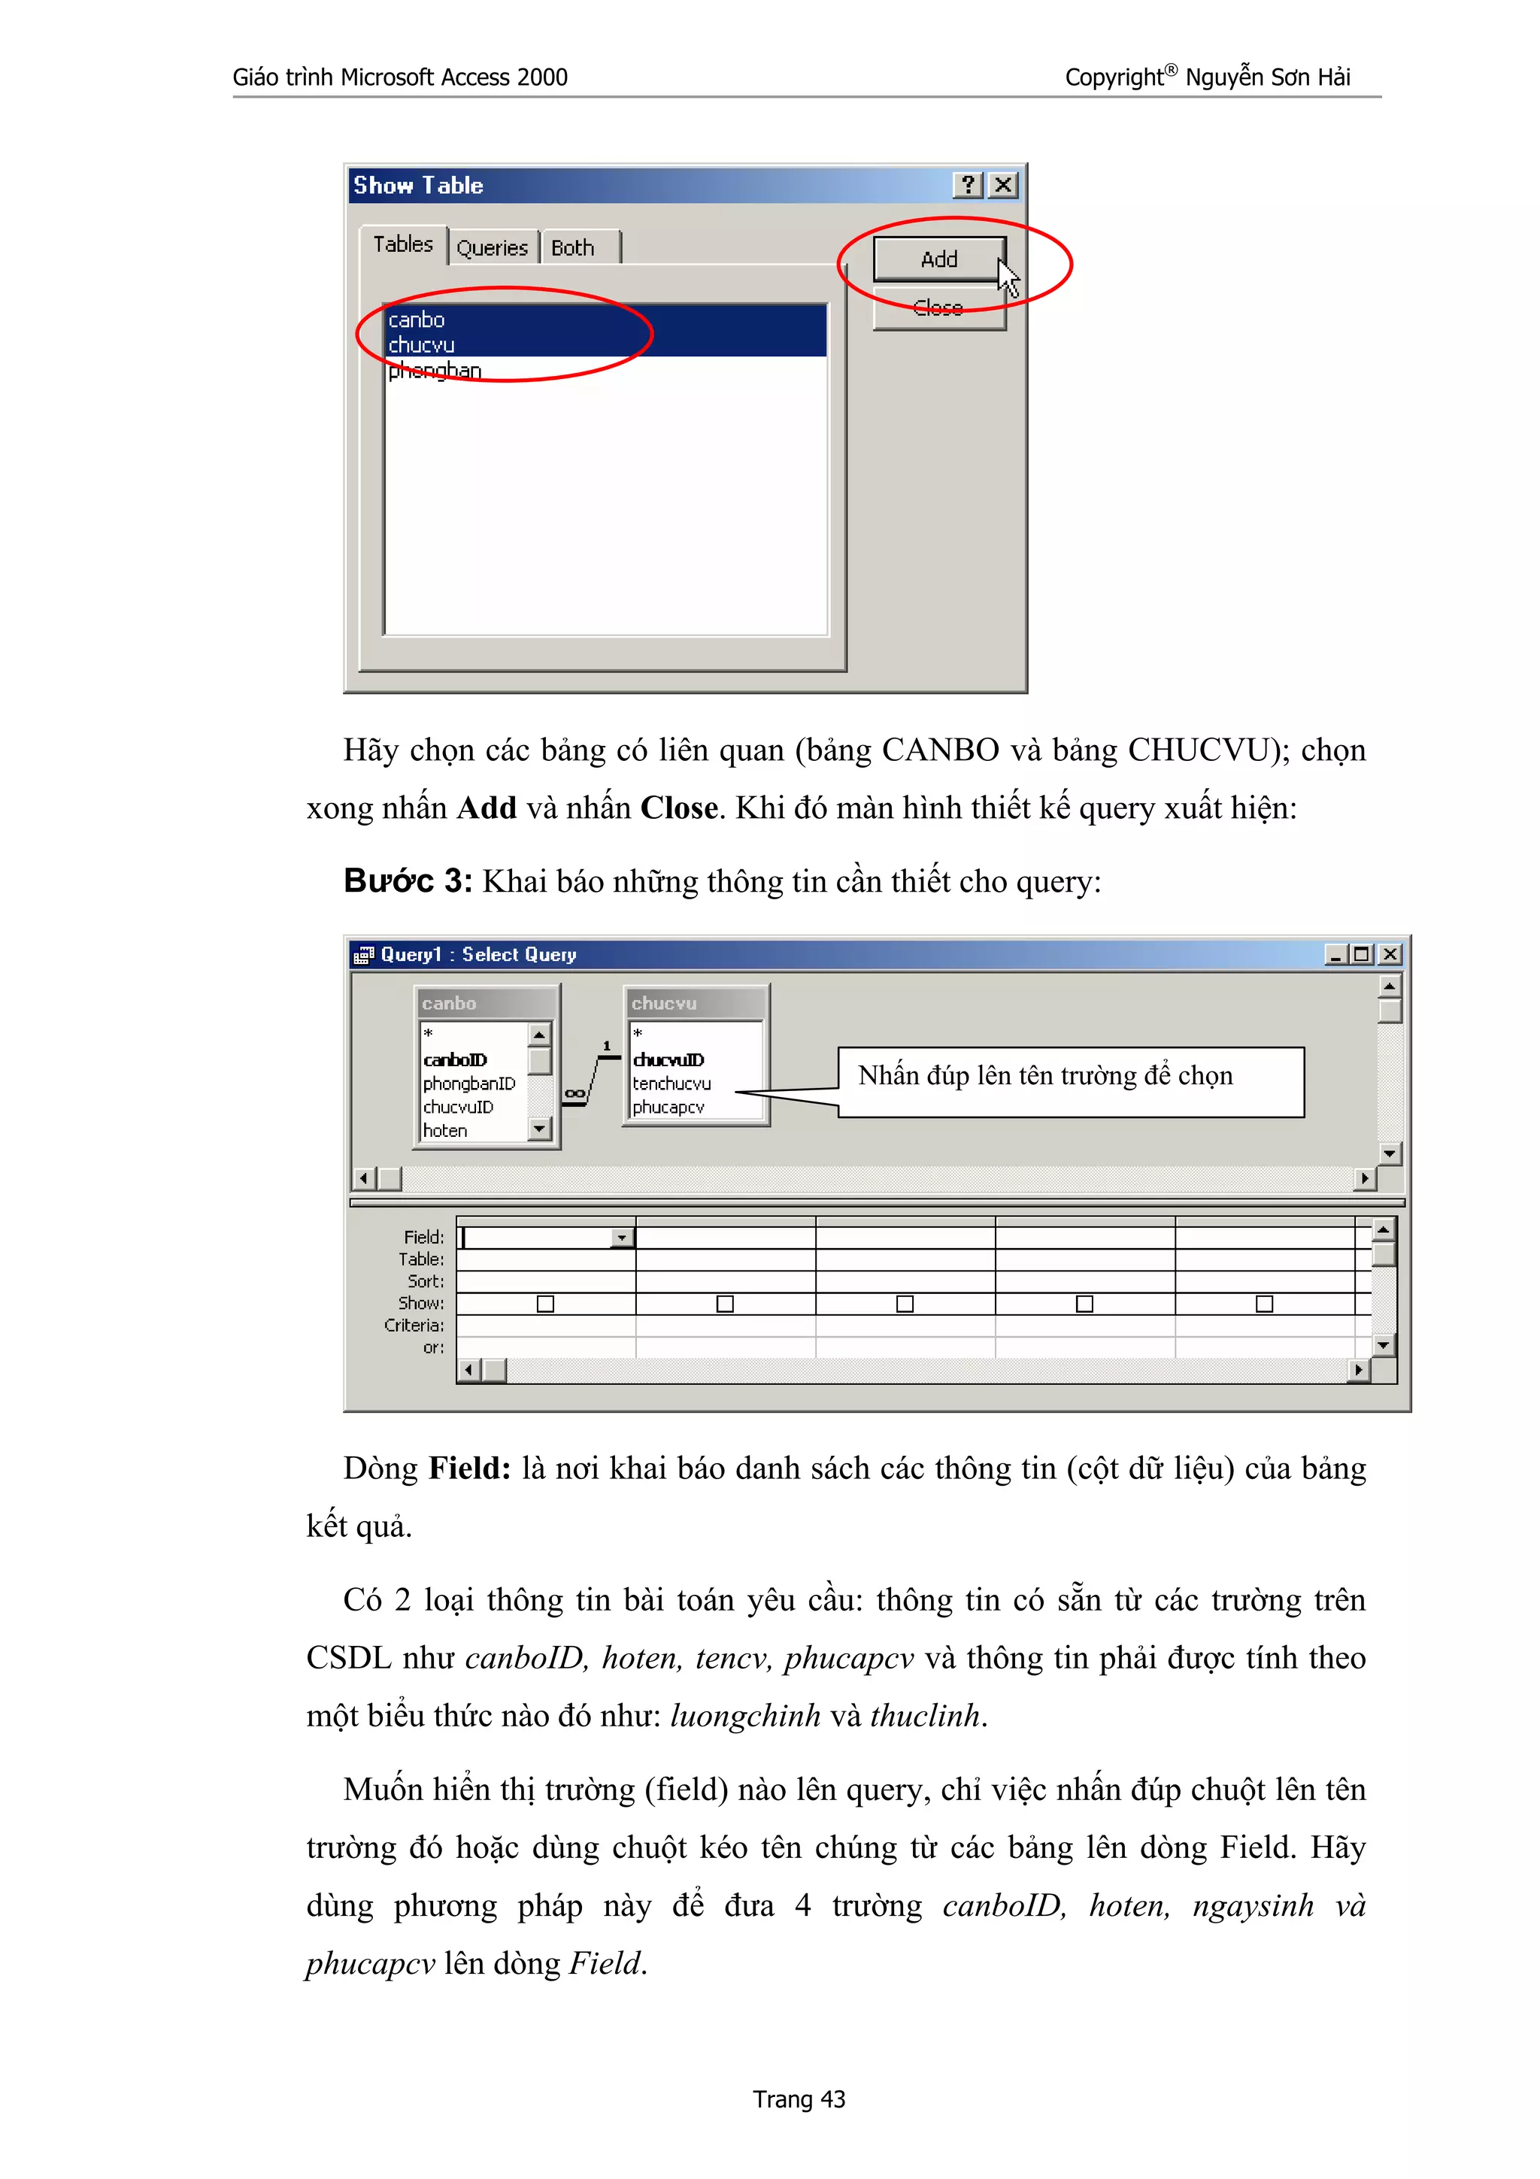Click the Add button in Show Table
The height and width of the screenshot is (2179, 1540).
click(x=938, y=259)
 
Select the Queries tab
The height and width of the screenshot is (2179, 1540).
click(x=492, y=247)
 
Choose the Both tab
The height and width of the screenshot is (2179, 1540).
click(x=572, y=247)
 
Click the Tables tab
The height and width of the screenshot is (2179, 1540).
click(x=402, y=245)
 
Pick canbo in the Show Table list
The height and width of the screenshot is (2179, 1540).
click(x=417, y=320)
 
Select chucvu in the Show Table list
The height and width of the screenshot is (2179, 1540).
click(x=421, y=345)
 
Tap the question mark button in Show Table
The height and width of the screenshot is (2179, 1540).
click(x=967, y=185)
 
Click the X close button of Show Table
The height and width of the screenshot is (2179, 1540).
click(x=1003, y=185)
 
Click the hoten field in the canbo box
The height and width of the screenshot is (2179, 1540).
click(x=445, y=1130)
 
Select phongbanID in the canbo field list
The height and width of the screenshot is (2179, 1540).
click(x=468, y=1083)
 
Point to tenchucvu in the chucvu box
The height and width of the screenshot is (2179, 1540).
click(x=671, y=1083)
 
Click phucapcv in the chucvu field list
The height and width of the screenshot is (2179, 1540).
click(x=668, y=1108)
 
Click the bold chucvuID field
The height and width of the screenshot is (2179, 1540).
click(x=668, y=1060)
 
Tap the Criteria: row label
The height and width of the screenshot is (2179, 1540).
click(x=414, y=1326)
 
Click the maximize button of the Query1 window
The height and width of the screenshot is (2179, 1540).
click(x=1363, y=955)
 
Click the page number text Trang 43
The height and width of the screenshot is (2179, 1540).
click(x=799, y=2099)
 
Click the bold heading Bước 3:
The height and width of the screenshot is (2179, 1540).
click(x=407, y=880)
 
